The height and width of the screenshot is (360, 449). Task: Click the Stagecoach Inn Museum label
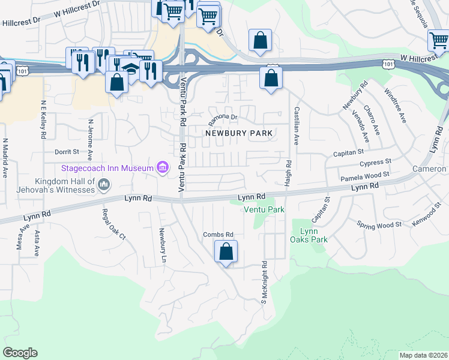coord(106,168)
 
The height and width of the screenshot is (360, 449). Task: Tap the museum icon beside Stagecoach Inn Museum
coord(162,168)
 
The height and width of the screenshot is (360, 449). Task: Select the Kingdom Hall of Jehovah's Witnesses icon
coord(104,184)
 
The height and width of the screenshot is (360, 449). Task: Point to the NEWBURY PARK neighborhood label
coord(239,133)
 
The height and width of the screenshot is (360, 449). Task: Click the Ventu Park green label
coord(264,210)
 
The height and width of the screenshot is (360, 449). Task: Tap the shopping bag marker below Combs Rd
coord(226,252)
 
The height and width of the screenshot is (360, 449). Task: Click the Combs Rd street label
coord(217,235)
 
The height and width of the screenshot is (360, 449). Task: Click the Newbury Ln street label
coord(163,246)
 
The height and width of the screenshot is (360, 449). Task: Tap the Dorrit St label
coord(67,152)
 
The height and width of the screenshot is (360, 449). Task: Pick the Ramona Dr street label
coord(223,118)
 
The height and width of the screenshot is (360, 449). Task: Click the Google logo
coord(20,353)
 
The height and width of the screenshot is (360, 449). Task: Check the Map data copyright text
coord(423,355)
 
